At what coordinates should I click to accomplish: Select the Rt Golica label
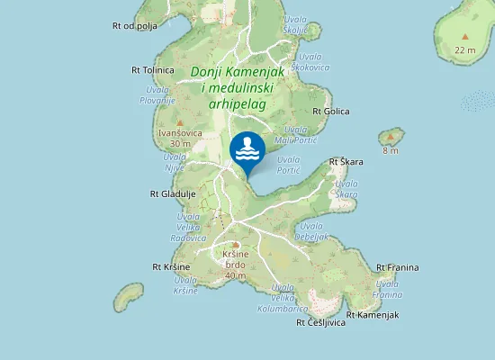330,112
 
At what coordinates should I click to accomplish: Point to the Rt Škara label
346,162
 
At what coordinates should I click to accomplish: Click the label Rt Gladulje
172,193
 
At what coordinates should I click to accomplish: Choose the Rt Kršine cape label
170,267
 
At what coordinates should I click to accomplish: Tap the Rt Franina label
397,267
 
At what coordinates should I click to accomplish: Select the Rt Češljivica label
320,322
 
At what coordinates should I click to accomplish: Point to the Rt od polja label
136,26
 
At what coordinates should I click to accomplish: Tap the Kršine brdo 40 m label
236,265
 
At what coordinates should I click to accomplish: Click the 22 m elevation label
465,49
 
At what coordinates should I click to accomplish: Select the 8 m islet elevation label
391,149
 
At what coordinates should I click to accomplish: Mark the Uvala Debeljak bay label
312,231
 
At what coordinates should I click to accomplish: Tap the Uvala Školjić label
296,24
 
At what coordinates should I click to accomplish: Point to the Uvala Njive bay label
175,160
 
